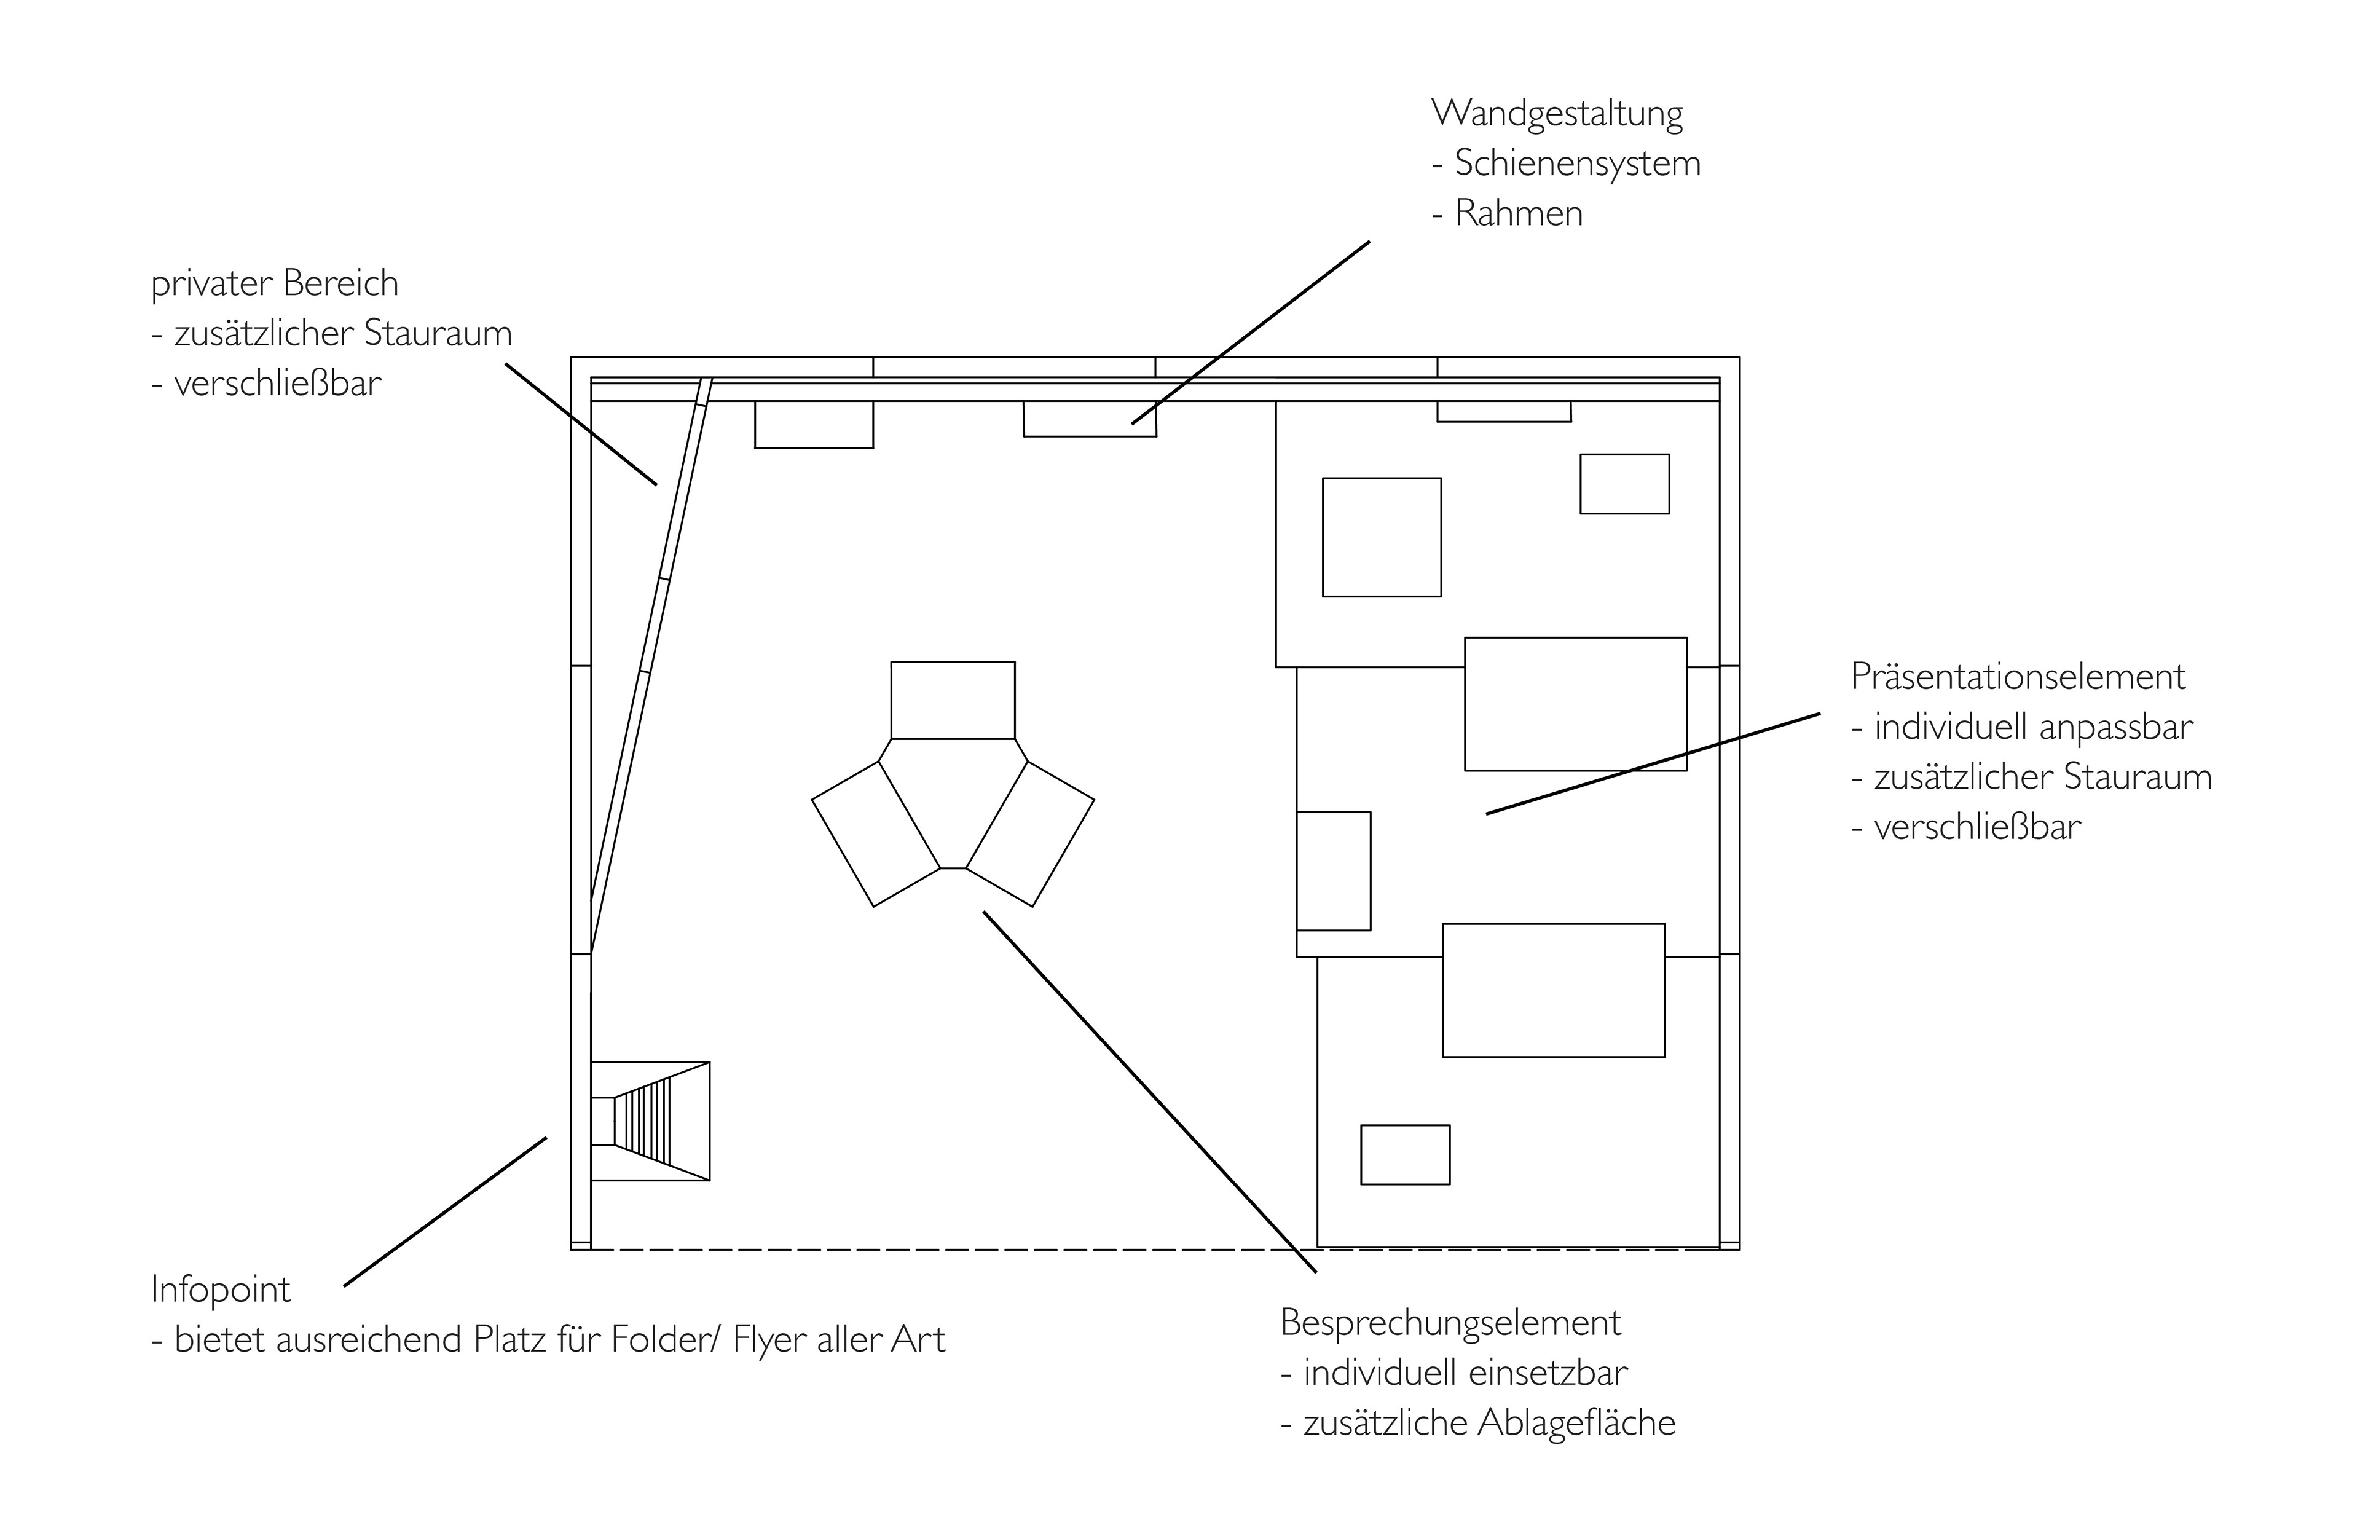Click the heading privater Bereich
[275, 283]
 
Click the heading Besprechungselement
[1450, 1323]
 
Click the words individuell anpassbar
[2033, 728]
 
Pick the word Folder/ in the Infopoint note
[664, 1340]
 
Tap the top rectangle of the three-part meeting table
[953, 700]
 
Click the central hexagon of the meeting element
[953, 803]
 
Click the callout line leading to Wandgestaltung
[1251, 332]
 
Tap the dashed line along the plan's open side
[1155, 1250]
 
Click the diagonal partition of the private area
[650, 666]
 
